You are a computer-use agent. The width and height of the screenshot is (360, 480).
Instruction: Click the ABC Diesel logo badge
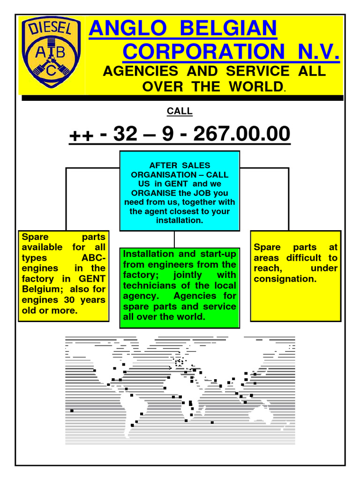52,52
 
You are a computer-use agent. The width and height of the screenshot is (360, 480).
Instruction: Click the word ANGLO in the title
123,30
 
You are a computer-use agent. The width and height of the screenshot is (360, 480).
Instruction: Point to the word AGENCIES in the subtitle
140,71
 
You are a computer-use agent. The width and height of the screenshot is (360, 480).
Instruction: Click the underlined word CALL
180,112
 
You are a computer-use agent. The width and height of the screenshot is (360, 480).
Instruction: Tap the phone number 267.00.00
242,135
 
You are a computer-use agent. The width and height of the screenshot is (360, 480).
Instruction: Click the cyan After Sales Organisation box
180,191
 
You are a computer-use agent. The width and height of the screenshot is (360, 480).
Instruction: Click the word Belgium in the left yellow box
40,289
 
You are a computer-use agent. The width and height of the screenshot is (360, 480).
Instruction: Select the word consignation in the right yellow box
285,279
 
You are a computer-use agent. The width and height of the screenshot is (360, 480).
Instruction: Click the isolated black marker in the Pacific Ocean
72,411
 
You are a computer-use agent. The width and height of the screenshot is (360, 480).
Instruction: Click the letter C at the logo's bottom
52,70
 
